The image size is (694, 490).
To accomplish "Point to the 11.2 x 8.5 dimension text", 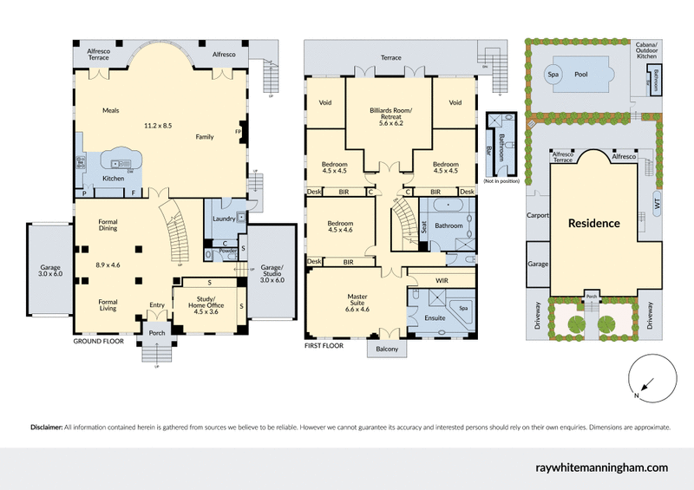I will (x=158, y=126).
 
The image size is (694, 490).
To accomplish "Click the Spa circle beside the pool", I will (x=553, y=75).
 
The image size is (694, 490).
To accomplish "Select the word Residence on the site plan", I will (x=593, y=223).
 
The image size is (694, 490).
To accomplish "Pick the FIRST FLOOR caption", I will (x=324, y=345).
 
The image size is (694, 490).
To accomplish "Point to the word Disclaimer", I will (x=46, y=427).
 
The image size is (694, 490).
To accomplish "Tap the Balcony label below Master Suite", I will (x=388, y=349).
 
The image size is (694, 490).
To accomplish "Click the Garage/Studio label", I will (x=272, y=272).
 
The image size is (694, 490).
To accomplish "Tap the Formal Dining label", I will (x=108, y=225).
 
